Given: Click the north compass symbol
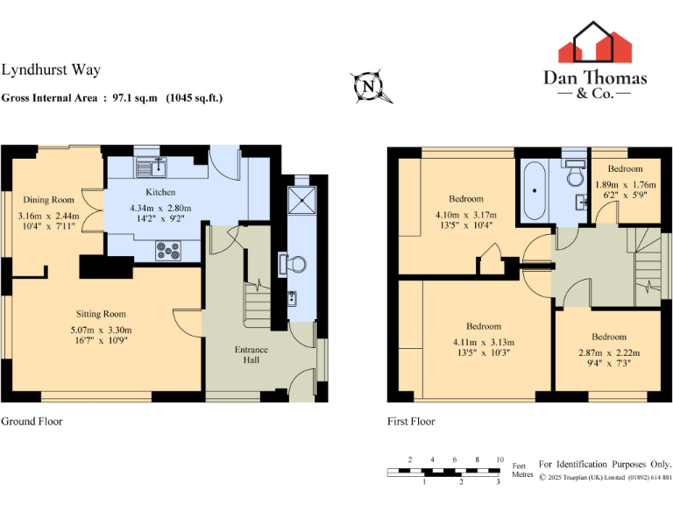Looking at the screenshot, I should point(369,86).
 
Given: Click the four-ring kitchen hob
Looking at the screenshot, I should point(166,250).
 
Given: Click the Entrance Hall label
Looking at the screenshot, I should point(251,356).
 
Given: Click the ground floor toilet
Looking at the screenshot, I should point(295,262).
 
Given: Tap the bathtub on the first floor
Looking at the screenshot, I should point(535,191).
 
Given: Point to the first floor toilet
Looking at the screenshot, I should point(576,175).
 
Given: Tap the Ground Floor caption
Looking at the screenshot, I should point(32,422).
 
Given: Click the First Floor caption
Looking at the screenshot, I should point(411,422).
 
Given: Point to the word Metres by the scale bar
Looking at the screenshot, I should point(522,474).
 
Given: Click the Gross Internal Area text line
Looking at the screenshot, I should point(112,98).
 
